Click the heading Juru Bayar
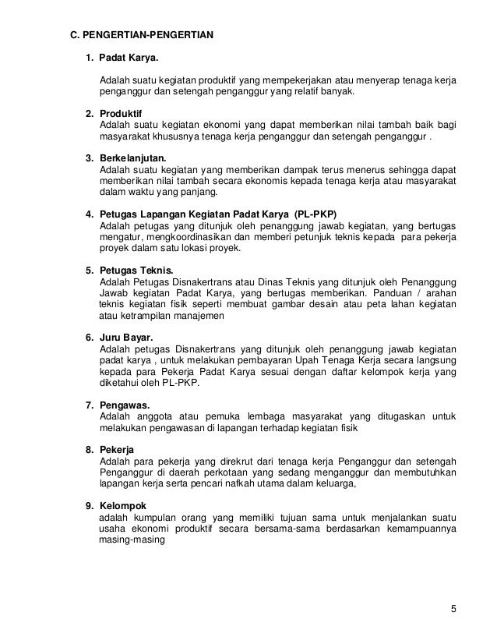point(127,337)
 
